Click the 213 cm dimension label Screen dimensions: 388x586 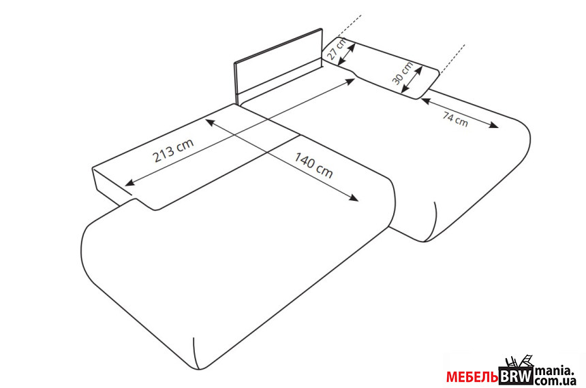point(172,151)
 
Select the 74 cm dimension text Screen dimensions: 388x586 point(455,118)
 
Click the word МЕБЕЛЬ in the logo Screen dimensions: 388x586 point(472,376)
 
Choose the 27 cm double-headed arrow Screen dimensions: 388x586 point(345,52)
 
